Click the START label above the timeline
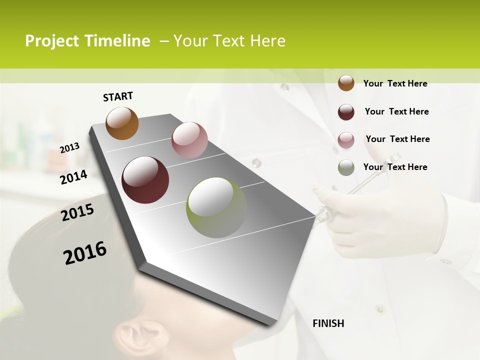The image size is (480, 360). pyautogui.click(x=118, y=96)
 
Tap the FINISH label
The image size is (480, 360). pyautogui.click(x=328, y=323)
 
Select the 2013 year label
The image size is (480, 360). pyautogui.click(x=69, y=147)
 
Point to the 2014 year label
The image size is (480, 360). pyautogui.click(x=73, y=177)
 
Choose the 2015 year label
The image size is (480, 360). pyautogui.click(x=77, y=212)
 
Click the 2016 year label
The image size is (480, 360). pyautogui.click(x=85, y=253)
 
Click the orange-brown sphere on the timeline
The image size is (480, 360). pyautogui.click(x=122, y=123)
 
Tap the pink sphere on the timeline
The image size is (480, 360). pyautogui.click(x=189, y=140)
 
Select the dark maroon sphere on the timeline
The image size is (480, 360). pyautogui.click(x=145, y=180)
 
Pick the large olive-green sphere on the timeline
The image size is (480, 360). pyautogui.click(x=216, y=207)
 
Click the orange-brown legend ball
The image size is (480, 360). pyautogui.click(x=346, y=83)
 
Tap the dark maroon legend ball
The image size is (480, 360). pyautogui.click(x=346, y=112)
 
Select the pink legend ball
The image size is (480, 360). pyautogui.click(x=346, y=140)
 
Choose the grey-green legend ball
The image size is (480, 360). pyautogui.click(x=346, y=167)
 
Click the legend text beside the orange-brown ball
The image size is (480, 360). pyautogui.click(x=395, y=83)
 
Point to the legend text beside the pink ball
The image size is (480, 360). pyautogui.click(x=397, y=139)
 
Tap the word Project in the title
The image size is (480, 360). pyautogui.click(x=52, y=41)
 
